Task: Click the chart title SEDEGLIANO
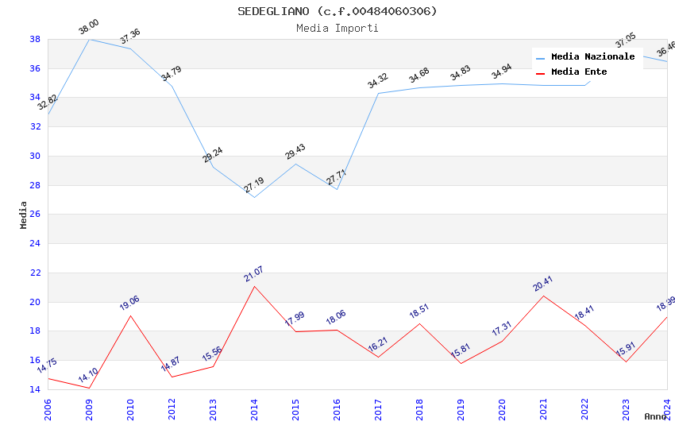pyautogui.click(x=337, y=11)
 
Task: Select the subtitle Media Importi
pyautogui.click(x=337, y=28)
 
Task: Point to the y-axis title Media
pyautogui.click(x=24, y=215)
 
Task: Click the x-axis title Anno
pyautogui.click(x=655, y=416)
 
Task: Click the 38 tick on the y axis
pyautogui.click(x=35, y=39)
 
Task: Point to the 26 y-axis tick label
pyautogui.click(x=35, y=215)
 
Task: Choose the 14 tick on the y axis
pyautogui.click(x=35, y=389)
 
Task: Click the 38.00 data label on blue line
pyautogui.click(x=88, y=29)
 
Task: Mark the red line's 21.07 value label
pyautogui.click(x=253, y=274)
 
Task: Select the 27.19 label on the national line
pyautogui.click(x=254, y=185)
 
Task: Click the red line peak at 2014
pyautogui.click(x=254, y=286)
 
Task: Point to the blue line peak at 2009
pyautogui.click(x=89, y=39)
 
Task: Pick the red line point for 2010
pyautogui.click(x=130, y=315)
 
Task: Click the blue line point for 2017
pyautogui.click(x=378, y=93)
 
